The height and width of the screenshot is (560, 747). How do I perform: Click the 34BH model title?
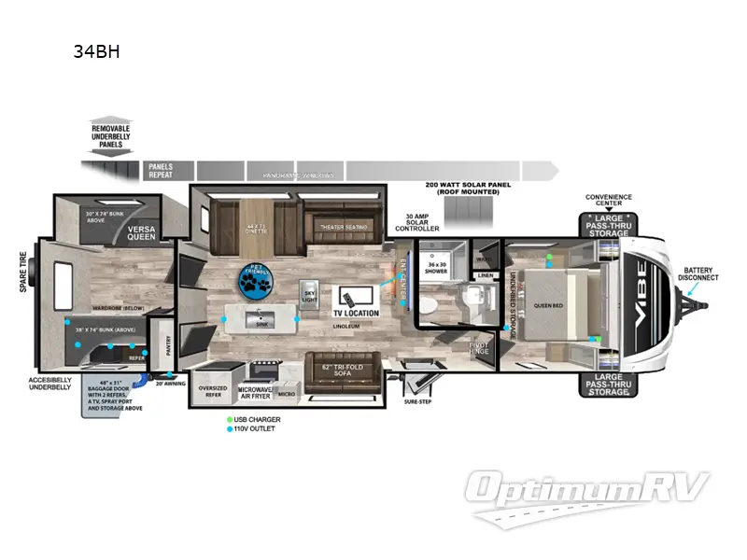[x=96, y=52]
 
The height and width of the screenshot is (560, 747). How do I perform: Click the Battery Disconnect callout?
[x=699, y=273]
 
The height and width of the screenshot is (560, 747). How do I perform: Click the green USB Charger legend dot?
[x=228, y=420]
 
